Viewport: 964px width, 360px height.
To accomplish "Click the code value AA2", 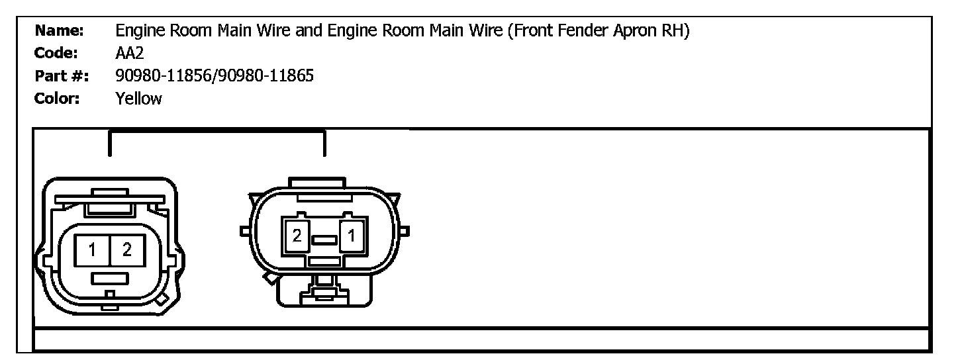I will pyautogui.click(x=129, y=54).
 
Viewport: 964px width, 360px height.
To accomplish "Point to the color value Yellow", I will pyautogui.click(x=138, y=99).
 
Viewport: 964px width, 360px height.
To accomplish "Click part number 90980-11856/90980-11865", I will pyautogui.click(x=215, y=77).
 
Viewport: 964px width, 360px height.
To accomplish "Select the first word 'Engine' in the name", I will pyautogui.click(x=138, y=30).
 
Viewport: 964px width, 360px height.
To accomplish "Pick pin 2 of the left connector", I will pyautogui.click(x=126, y=249).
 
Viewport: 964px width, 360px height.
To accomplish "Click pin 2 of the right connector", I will pyautogui.click(x=297, y=236).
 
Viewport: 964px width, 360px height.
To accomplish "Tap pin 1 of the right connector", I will pyautogui.click(x=351, y=236).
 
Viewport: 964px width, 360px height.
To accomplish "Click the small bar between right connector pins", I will pyautogui.click(x=324, y=240).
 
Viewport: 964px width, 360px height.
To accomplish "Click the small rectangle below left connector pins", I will pyautogui.click(x=109, y=278).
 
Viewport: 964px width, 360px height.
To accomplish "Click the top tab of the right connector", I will pyautogui.click(x=317, y=181).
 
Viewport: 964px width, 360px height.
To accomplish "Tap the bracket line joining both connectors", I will pyautogui.click(x=217, y=132).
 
